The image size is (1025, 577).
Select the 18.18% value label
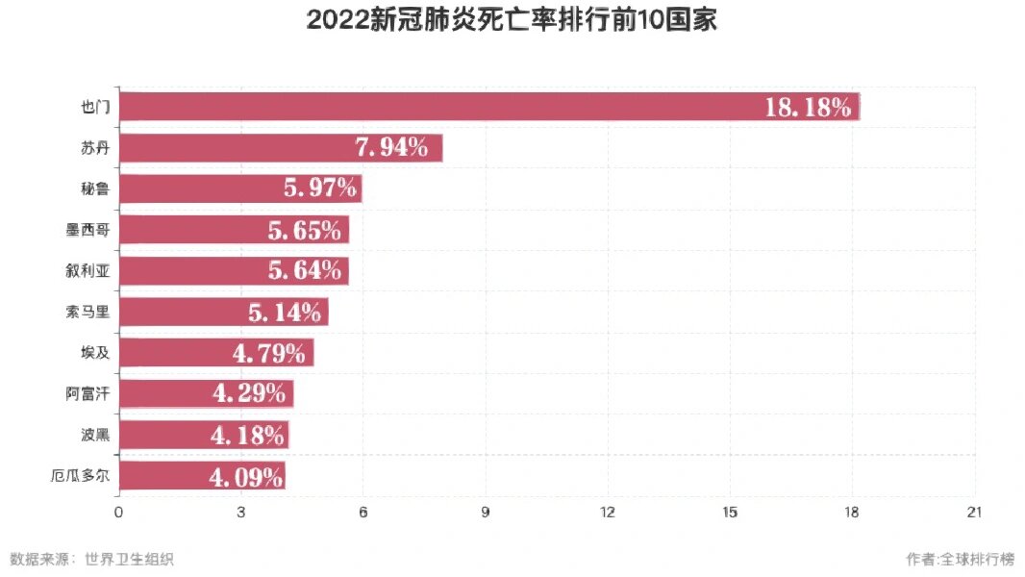point(808,107)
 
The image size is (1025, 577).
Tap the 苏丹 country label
point(95,148)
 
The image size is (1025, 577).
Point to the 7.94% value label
point(391,148)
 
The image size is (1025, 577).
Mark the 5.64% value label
point(305,271)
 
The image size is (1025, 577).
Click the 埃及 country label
point(95,353)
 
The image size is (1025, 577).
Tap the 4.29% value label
point(248,393)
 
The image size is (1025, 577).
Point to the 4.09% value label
point(245,476)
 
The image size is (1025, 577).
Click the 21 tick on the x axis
point(975,513)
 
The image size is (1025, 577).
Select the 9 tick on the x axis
point(486,513)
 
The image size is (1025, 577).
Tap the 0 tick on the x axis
point(118,513)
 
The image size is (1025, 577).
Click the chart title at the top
point(512,21)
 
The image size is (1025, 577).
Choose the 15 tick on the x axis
point(730,513)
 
